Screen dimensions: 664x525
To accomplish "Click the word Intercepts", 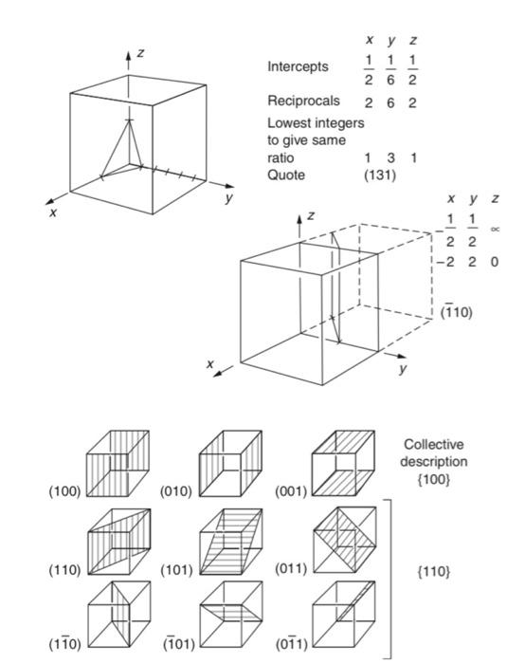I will coord(299,67).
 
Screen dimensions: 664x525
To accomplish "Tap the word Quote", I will coord(286,175).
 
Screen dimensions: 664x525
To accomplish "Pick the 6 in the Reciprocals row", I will coord(389,102).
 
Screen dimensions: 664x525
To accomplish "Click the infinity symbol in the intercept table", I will coord(494,229).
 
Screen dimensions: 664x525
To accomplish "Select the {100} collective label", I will coord(435,482).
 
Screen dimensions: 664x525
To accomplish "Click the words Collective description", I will coord(435,453).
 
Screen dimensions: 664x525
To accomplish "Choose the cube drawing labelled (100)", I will coord(118,465).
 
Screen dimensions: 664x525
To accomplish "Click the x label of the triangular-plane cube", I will coord(53,213).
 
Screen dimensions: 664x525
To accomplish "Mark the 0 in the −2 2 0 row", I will coord(494,261).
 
